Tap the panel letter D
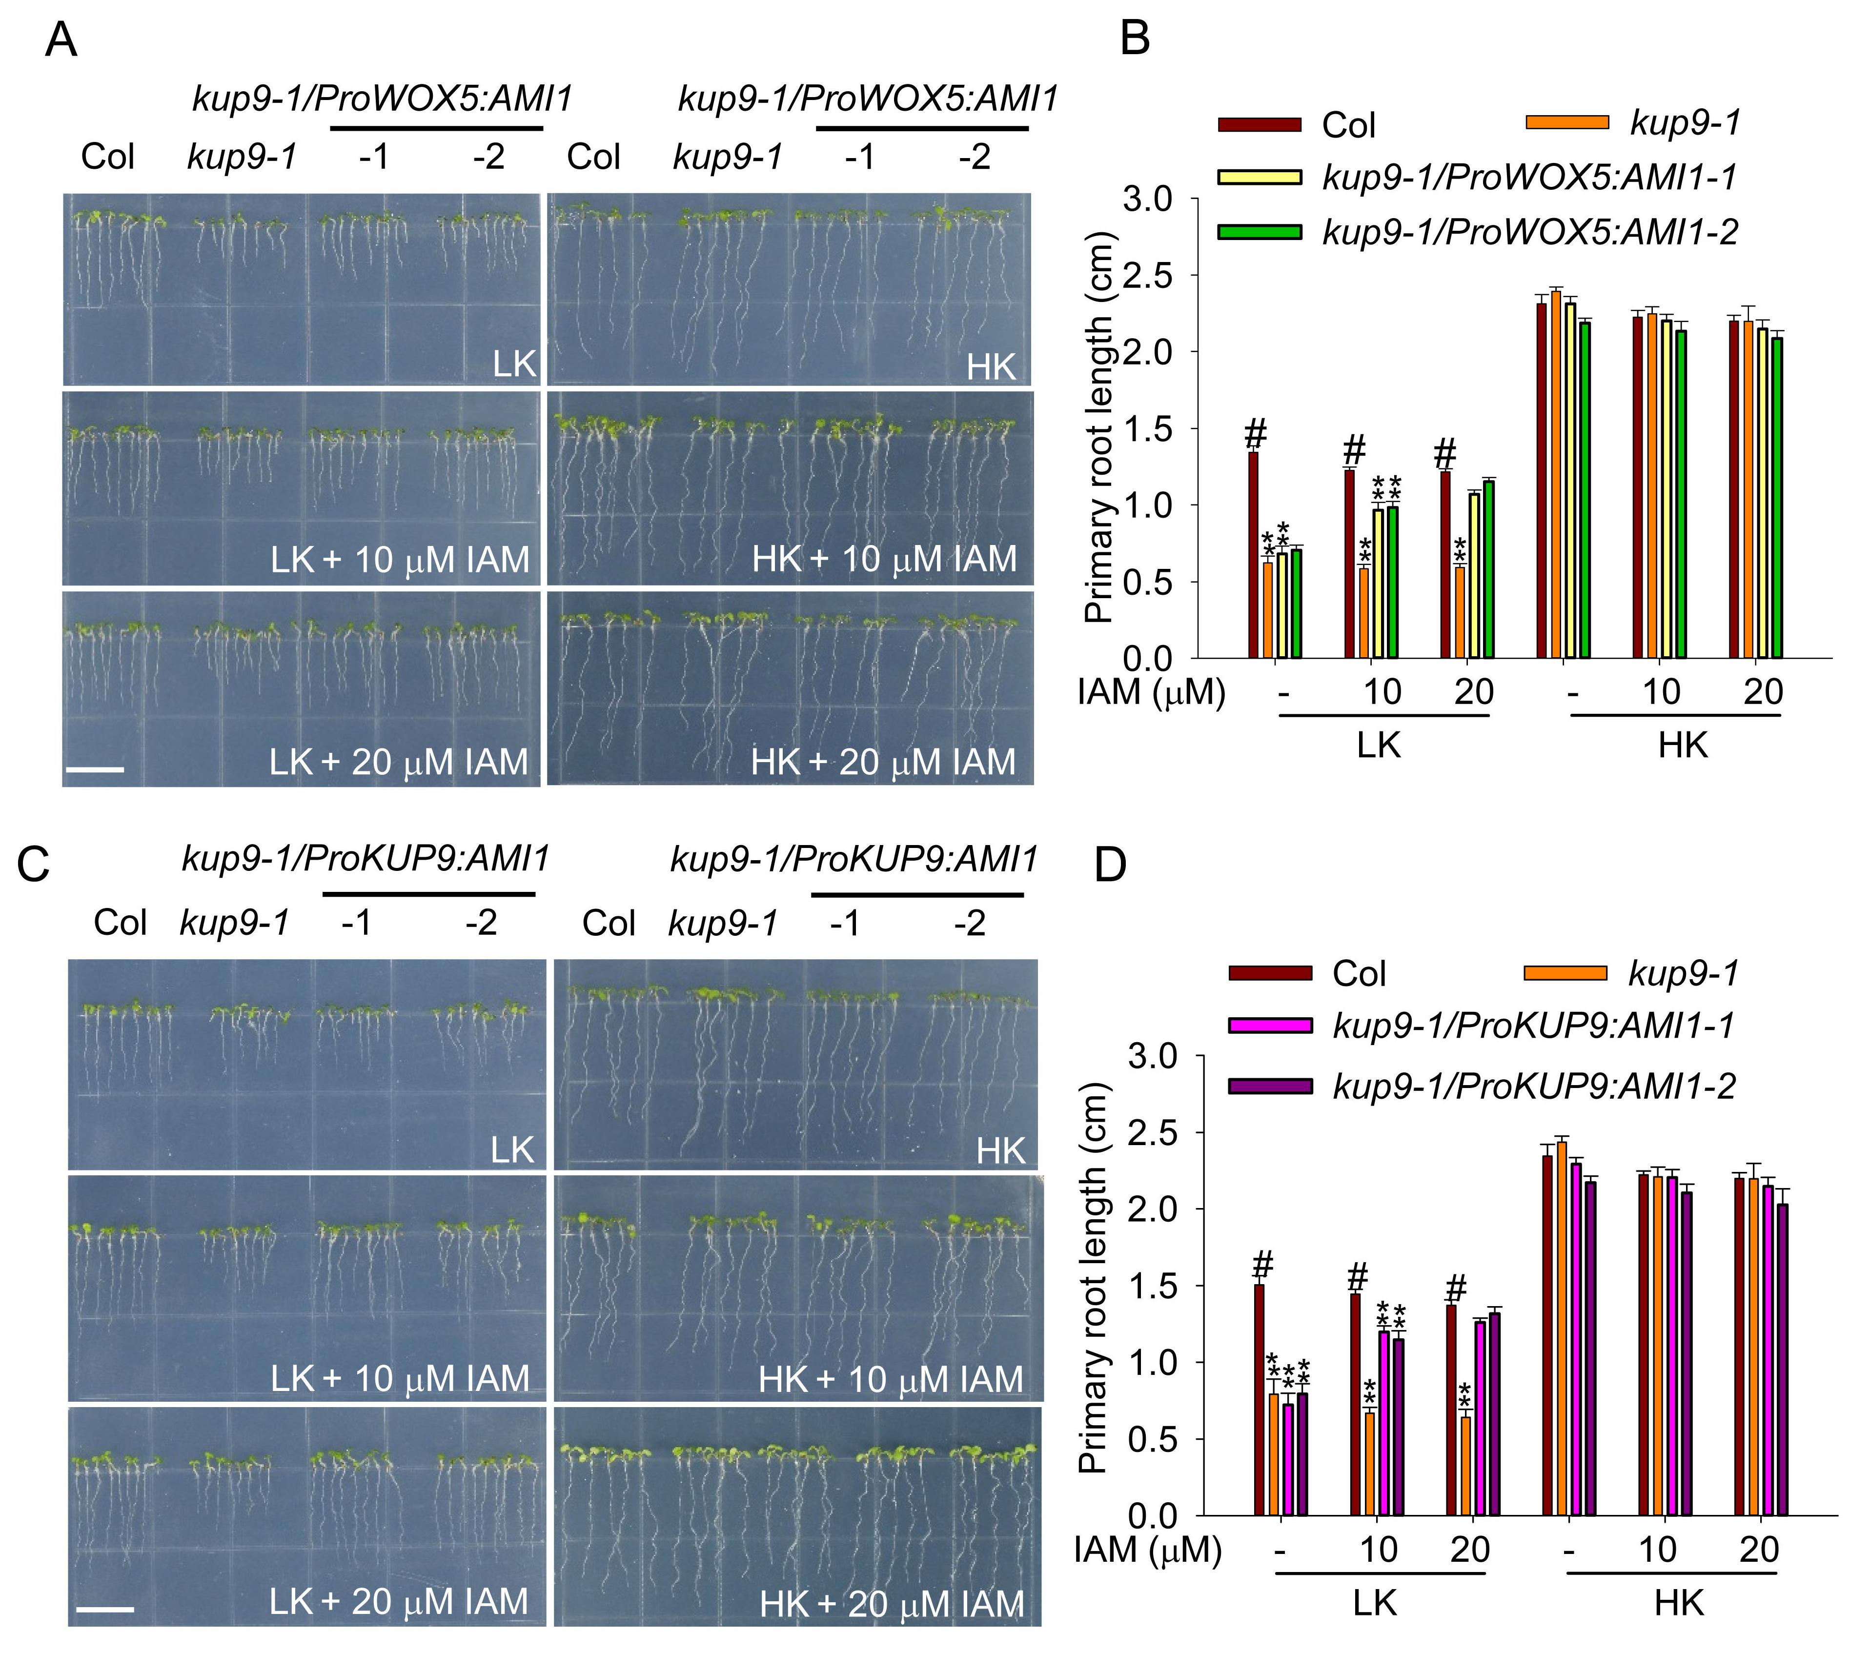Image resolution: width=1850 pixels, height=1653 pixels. pyautogui.click(x=1110, y=865)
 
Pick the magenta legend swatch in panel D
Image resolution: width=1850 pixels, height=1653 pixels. pyautogui.click(x=1270, y=1026)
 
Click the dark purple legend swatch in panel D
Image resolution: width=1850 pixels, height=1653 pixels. pyautogui.click(x=1270, y=1086)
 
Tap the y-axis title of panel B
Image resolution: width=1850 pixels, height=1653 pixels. pyautogui.click(x=1099, y=427)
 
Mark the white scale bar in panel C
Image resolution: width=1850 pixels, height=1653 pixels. pyautogui.click(x=104, y=1610)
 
